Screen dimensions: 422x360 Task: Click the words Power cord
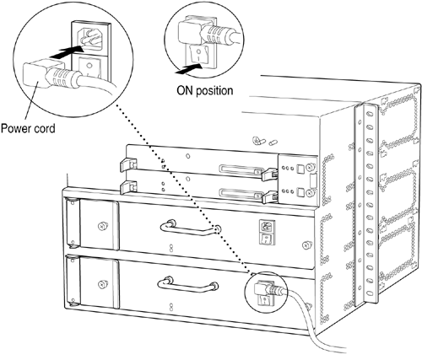coord(28,129)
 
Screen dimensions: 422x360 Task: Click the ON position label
coord(205,91)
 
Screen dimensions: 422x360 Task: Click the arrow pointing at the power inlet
coord(67,52)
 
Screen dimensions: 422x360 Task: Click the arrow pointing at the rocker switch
coord(188,69)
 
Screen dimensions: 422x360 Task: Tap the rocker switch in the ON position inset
coord(198,54)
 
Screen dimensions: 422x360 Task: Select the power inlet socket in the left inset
coord(90,38)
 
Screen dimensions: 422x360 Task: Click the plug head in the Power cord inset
coord(35,73)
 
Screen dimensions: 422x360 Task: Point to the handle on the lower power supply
coord(187,285)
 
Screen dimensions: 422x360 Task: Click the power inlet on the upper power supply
coord(267,227)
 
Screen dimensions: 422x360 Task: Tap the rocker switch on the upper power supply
coord(266,239)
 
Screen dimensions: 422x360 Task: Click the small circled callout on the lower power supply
coord(267,293)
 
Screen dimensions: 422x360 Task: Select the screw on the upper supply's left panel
coord(102,226)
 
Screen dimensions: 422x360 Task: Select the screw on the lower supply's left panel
coord(102,284)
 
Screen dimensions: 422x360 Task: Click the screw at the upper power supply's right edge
coord(306,245)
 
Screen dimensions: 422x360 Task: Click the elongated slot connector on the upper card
coord(241,169)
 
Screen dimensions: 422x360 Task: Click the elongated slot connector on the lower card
coord(241,194)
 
